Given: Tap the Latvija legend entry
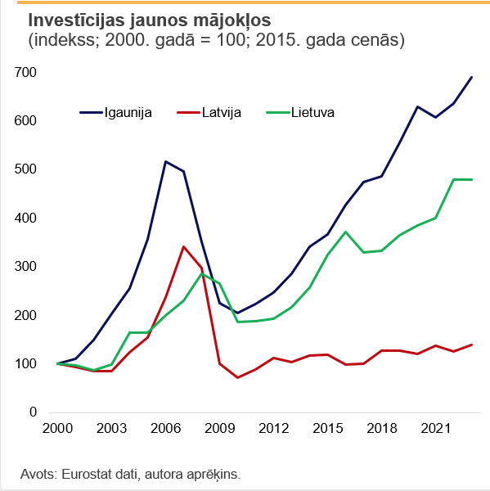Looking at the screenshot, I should point(220,112).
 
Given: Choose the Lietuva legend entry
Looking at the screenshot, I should point(312,112).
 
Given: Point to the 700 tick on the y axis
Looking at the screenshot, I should point(26,73).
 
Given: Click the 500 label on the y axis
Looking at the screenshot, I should point(26,170).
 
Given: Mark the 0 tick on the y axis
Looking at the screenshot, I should point(33,413).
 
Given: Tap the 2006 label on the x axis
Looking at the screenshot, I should point(165,429).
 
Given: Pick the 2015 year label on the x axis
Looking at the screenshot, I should point(327,429).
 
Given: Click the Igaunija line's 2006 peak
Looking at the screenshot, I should point(165,161).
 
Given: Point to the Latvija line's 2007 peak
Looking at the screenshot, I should point(183,246).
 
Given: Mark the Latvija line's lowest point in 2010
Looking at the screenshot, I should point(237,377).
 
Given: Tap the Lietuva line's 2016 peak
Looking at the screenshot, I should point(345,232).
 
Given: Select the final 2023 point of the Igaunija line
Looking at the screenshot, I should point(472,77).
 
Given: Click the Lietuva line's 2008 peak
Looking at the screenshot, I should point(201,274).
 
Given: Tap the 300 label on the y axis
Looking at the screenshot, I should point(26,268).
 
